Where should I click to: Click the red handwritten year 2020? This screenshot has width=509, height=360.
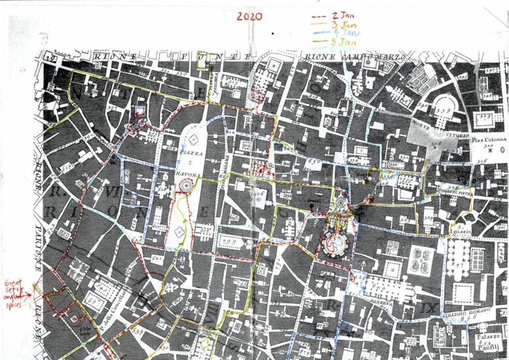[250, 16]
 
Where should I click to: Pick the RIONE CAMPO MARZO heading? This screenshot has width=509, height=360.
[353, 58]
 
